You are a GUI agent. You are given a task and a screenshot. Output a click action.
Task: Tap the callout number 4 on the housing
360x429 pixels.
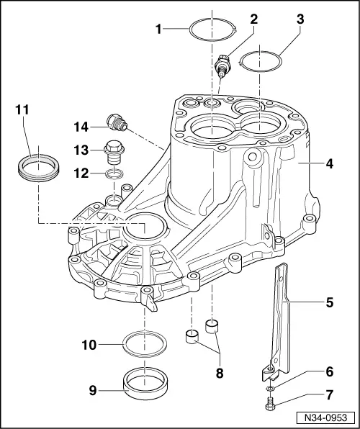329,163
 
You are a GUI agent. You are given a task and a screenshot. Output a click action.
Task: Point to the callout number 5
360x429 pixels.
329,302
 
